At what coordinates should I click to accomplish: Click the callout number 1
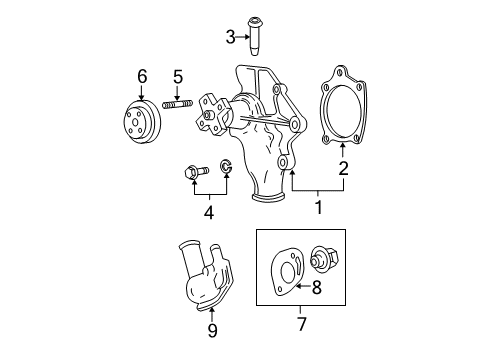(319, 208)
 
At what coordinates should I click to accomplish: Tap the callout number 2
(343, 170)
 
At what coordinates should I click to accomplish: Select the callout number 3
(230, 38)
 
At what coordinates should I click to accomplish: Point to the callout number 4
(208, 212)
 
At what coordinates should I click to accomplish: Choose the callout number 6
(142, 75)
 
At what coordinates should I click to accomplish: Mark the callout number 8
(315, 289)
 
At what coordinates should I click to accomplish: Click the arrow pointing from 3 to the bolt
(243, 38)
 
